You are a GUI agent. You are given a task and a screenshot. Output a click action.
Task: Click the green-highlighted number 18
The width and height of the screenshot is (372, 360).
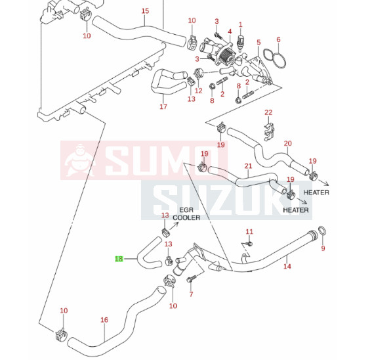(119, 259)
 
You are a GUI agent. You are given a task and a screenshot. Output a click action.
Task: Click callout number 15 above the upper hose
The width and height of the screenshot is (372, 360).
(145, 11)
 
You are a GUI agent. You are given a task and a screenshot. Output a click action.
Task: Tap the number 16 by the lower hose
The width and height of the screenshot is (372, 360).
(104, 320)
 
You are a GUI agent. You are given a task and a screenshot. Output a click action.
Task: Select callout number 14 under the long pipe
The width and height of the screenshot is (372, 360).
(287, 266)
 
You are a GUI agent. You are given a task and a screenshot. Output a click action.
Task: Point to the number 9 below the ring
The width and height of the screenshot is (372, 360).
(323, 248)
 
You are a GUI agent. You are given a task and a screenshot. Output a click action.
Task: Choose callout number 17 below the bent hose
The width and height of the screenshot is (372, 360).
(163, 106)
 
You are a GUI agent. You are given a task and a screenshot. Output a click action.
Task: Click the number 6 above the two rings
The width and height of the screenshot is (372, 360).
(278, 39)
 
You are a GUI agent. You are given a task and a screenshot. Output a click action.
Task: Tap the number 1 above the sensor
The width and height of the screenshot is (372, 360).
(241, 24)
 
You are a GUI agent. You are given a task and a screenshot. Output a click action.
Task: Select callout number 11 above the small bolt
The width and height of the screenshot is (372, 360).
(249, 231)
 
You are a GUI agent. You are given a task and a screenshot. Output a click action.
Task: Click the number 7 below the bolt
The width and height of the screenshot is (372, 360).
(191, 294)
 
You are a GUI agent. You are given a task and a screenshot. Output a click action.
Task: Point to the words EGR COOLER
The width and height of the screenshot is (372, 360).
(186, 214)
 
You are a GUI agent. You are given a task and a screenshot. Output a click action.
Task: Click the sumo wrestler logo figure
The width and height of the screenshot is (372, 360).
(79, 160)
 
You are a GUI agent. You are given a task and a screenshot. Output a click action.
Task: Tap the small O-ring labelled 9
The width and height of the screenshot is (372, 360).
(322, 231)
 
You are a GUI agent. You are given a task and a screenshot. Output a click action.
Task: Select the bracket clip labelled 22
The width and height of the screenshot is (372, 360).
(269, 132)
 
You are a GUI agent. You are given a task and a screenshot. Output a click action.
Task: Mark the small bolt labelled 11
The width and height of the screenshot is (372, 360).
(249, 244)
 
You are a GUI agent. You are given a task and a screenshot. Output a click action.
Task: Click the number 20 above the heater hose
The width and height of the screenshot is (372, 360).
(287, 143)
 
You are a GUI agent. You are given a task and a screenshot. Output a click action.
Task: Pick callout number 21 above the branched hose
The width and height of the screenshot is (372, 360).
(248, 166)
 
